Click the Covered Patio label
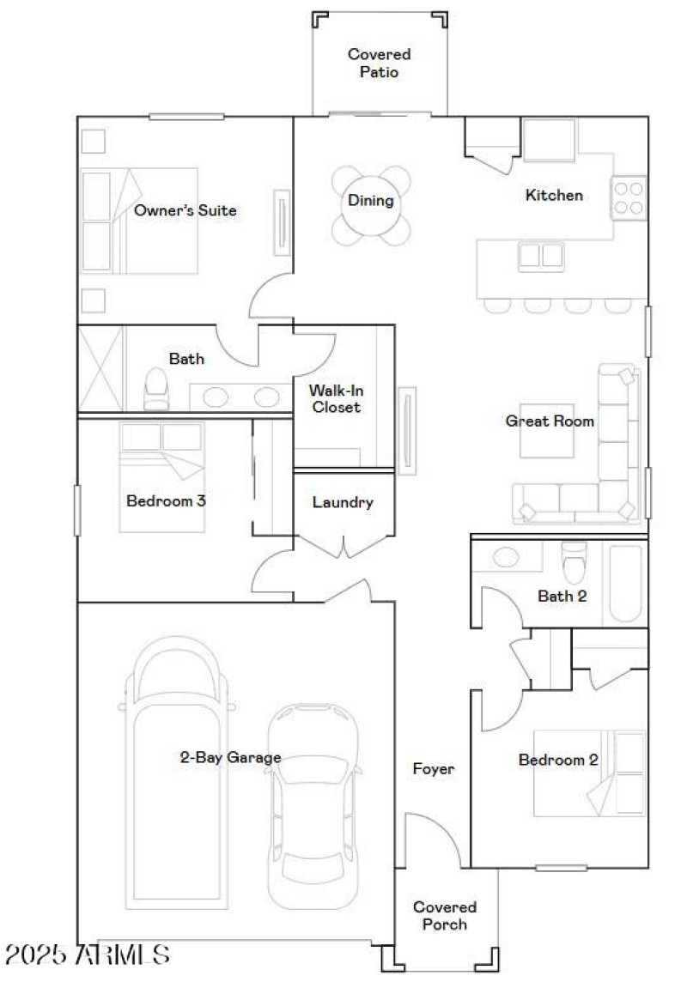point(379,64)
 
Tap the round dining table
point(371,206)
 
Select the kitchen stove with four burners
point(629,197)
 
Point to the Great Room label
point(550,421)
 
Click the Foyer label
point(433,769)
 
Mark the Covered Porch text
point(445,915)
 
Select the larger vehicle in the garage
point(178,773)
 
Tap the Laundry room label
point(343,502)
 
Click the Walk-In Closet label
point(336,398)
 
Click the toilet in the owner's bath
point(156,391)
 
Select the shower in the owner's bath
point(101,369)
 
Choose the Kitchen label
point(554,195)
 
